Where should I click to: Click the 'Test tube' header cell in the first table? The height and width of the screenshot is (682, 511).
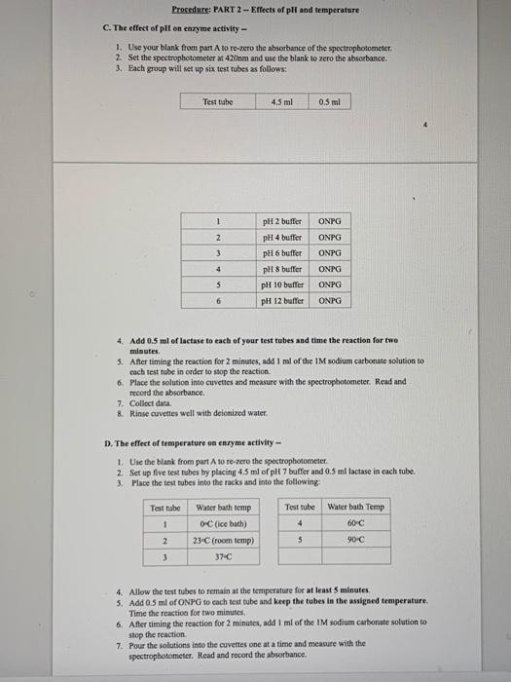pos(219,101)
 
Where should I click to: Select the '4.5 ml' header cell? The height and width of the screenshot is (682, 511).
pos(282,101)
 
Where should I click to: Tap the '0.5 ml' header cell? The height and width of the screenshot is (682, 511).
pos(329,101)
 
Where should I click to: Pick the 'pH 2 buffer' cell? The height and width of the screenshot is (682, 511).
pos(282,221)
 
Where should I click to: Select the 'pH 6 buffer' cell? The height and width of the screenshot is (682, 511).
pos(282,252)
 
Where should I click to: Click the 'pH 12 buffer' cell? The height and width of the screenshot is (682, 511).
pos(283,300)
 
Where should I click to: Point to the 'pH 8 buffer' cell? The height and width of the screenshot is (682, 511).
pos(282,268)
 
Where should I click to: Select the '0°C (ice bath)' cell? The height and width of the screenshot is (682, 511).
pos(223,523)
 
